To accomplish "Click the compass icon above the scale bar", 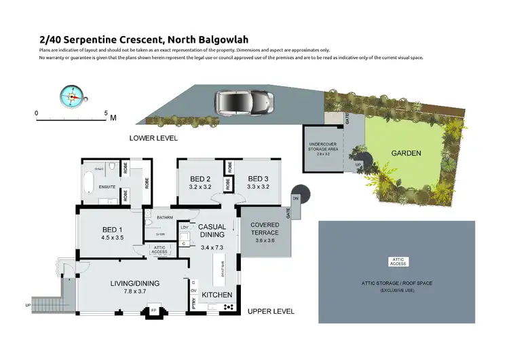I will point(71,96).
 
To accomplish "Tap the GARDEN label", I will point(406,154).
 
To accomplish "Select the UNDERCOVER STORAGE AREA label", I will point(323,148).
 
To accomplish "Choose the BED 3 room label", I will point(259,179).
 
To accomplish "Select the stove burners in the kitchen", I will point(228,308).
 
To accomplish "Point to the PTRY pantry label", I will point(193,306).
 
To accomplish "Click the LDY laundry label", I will point(184,227).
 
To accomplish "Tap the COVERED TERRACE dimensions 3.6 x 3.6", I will point(265,240).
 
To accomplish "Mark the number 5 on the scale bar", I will point(107,112).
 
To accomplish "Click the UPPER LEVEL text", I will point(271,312).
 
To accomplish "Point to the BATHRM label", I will point(165,217).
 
